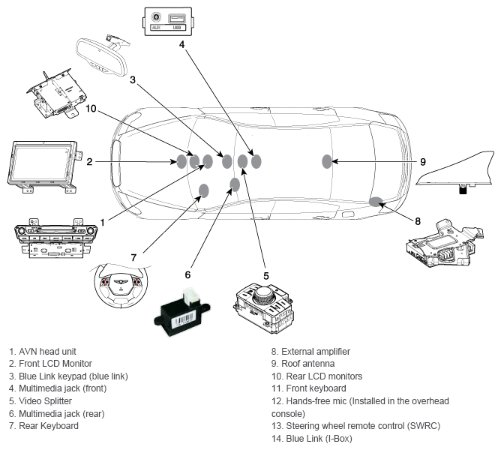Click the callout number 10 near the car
[x=91, y=109]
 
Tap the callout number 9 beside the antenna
[x=423, y=162]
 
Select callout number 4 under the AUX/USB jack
[x=181, y=44]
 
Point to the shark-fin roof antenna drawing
[x=456, y=171]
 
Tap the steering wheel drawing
[x=121, y=285]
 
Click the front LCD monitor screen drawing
[x=41, y=161]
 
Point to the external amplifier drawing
[x=445, y=244]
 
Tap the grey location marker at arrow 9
[x=327, y=161]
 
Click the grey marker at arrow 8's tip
[x=376, y=201]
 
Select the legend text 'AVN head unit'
[x=47, y=352]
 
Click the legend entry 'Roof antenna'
[x=308, y=364]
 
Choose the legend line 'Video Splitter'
[x=45, y=401]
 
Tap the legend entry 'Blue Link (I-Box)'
[x=319, y=439]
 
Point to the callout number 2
[x=89, y=162]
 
